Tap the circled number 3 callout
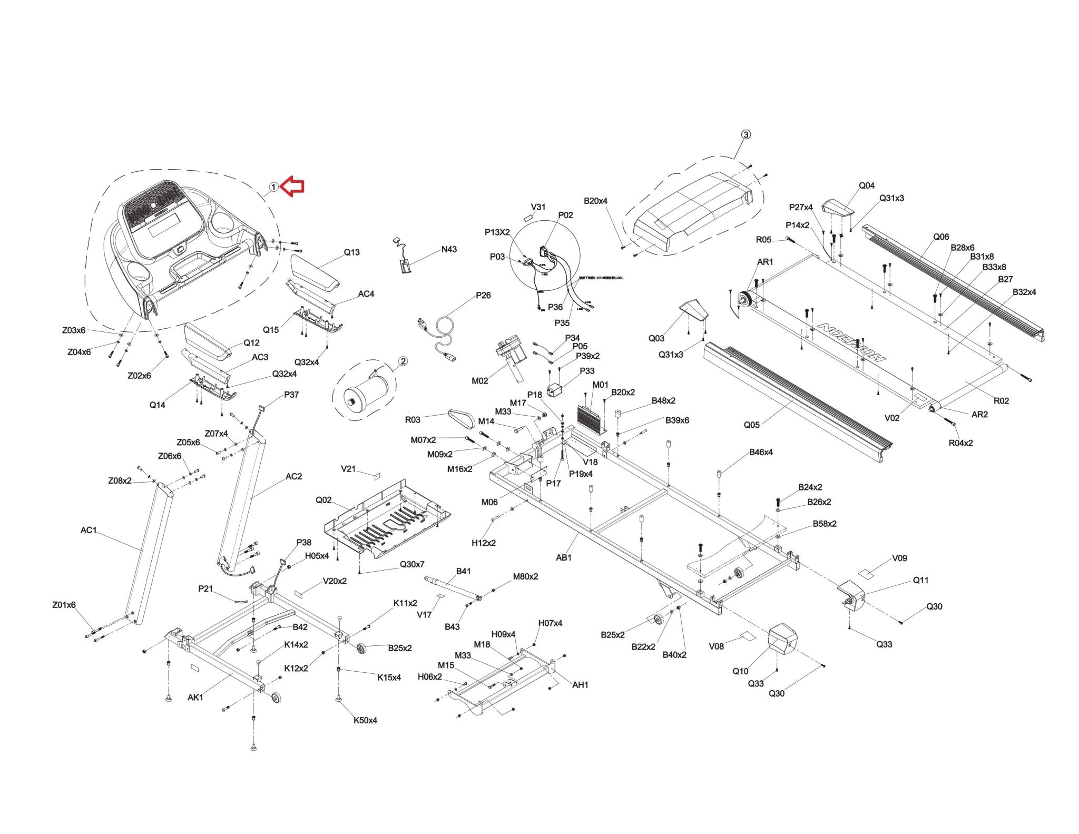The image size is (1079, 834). (746, 135)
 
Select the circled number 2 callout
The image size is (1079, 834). (403, 361)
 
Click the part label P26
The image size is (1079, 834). (483, 295)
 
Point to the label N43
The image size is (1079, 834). (449, 249)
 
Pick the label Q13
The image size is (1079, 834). (352, 252)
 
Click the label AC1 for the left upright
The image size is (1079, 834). (89, 530)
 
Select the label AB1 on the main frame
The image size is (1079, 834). (564, 557)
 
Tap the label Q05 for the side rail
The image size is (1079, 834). (751, 425)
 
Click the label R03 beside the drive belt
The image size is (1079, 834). (413, 419)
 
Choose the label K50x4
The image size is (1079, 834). (365, 720)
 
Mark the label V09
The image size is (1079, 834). (899, 558)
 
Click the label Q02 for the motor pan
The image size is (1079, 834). (323, 500)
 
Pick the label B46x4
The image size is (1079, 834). (761, 452)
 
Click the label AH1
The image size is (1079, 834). (580, 685)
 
